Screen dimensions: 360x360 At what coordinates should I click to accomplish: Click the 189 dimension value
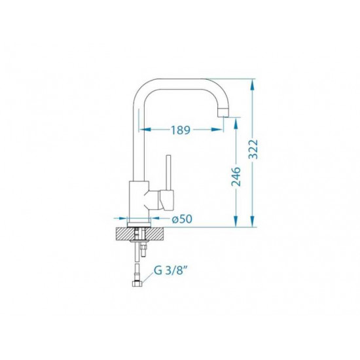(x=181, y=130)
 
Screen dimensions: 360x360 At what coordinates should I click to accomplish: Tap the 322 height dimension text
(x=253, y=149)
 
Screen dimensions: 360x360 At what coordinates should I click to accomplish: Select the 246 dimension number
(x=236, y=177)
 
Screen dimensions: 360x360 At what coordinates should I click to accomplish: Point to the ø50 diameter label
(x=182, y=219)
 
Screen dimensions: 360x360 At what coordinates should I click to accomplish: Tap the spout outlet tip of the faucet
(x=223, y=113)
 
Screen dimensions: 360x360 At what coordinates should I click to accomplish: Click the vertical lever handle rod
(x=169, y=172)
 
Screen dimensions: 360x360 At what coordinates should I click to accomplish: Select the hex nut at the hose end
(x=137, y=284)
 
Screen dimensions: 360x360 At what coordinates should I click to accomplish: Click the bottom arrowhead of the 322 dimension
(x=253, y=221)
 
